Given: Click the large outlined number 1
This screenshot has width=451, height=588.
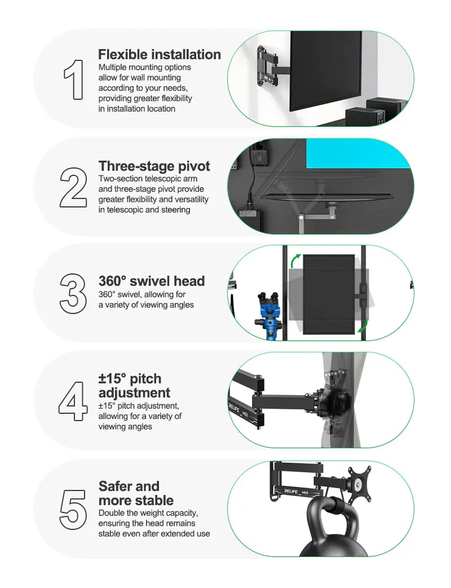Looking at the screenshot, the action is click(76, 79).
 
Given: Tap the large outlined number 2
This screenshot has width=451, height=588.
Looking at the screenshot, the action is click(73, 188).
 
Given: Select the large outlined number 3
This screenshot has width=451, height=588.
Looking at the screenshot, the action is click(73, 293).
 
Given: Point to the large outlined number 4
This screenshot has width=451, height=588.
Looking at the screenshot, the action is click(73, 401).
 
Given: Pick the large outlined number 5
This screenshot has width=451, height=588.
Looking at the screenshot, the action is click(73, 510).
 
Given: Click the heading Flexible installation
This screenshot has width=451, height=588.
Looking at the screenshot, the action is click(160, 54).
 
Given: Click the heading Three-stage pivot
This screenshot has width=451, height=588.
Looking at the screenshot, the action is click(154, 166).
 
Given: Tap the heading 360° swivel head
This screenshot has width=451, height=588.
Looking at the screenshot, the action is click(152, 281).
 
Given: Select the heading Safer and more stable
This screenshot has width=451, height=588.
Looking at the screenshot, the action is click(136, 493).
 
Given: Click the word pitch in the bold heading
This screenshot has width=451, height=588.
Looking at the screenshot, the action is click(145, 379).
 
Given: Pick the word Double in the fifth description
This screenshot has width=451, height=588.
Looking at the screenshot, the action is click(111, 513).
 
